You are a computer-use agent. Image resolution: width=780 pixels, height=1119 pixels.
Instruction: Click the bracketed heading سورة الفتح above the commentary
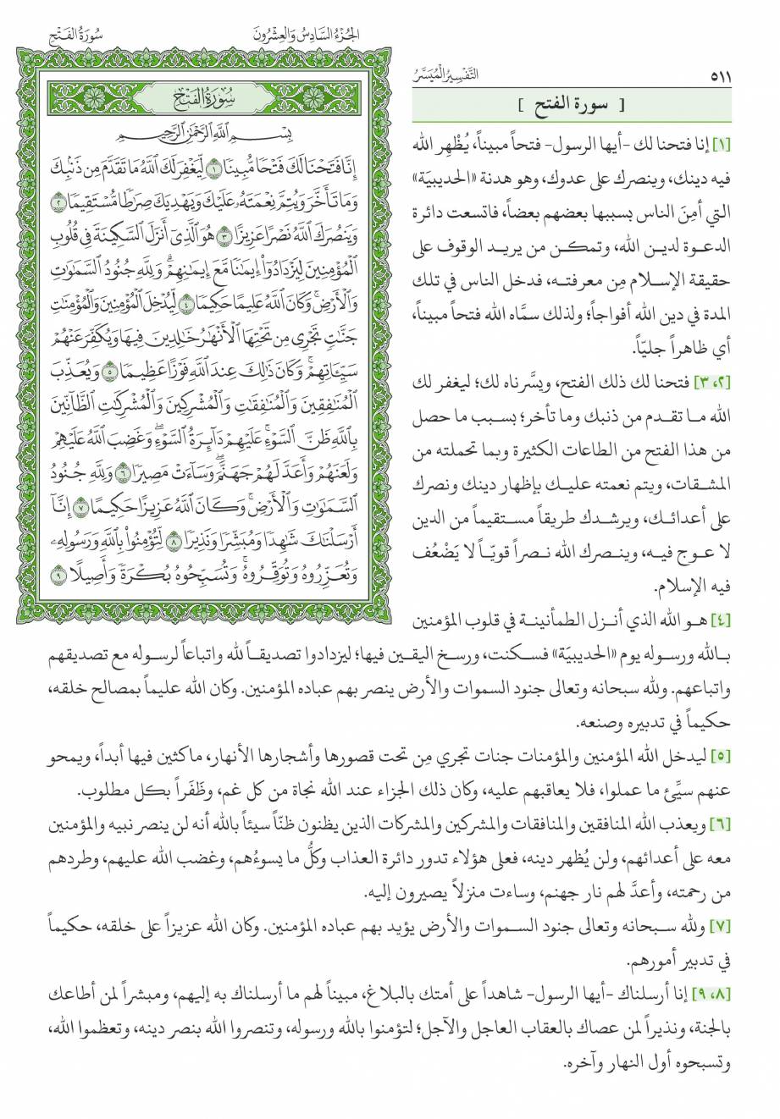(x=568, y=107)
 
